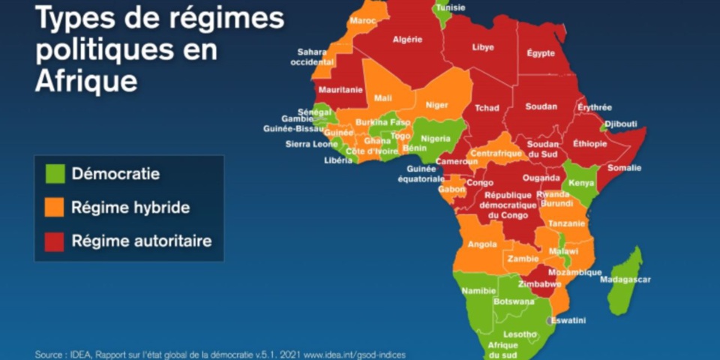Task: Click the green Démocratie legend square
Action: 55,174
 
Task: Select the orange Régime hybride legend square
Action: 55,208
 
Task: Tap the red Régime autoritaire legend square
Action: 55,241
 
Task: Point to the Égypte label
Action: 540,53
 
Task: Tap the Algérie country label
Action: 407,39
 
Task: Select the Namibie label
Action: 479,291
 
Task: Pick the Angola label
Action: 481,244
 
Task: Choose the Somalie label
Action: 624,168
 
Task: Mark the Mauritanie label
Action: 340,90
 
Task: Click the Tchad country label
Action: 487,108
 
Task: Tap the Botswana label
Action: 514,301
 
